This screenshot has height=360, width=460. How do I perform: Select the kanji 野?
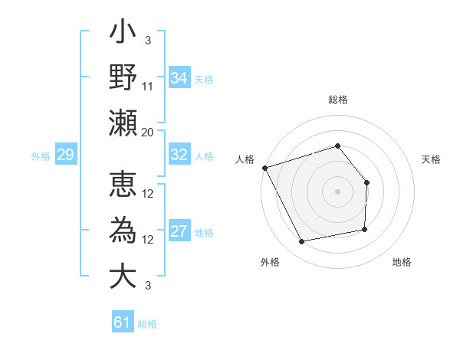[123, 79]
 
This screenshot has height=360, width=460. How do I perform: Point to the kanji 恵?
[123, 186]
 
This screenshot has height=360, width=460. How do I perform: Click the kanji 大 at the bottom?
[123, 277]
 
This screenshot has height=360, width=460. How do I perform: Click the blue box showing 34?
[179, 77]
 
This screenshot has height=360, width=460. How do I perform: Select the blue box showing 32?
[179, 155]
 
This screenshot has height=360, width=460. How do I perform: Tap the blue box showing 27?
[179, 232]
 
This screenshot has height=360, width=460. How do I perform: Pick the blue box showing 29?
[65, 155]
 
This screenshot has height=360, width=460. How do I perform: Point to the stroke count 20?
[148, 132]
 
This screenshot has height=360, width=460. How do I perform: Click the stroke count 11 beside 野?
[148, 86]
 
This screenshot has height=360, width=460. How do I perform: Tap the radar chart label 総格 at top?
[337, 100]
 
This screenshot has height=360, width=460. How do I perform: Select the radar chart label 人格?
[245, 159]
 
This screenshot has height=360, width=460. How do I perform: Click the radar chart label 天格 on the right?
[431, 159]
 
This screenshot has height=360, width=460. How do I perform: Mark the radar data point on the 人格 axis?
[264, 168]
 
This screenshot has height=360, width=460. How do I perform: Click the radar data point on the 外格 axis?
[302, 242]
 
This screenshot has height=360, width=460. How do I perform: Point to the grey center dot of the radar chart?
[337, 191]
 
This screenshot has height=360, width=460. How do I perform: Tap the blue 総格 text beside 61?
[148, 324]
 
